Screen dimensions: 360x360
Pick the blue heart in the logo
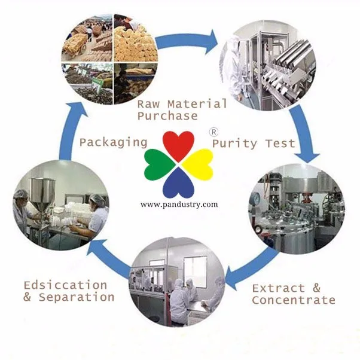pyautogui.click(x=179, y=183)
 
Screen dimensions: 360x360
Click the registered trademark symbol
pyautogui.click(x=213, y=130)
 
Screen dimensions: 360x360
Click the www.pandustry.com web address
pyautogui.click(x=179, y=205)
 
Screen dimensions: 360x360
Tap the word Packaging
pyautogui.click(x=113, y=142)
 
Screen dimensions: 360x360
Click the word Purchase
pyautogui.click(x=167, y=115)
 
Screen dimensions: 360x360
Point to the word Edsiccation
pyautogui.click(x=65, y=285)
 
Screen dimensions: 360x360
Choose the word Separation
pyautogui.click(x=76, y=297)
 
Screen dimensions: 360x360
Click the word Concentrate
pyautogui.click(x=293, y=300)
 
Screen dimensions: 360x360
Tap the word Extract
pyautogui.click(x=278, y=288)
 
